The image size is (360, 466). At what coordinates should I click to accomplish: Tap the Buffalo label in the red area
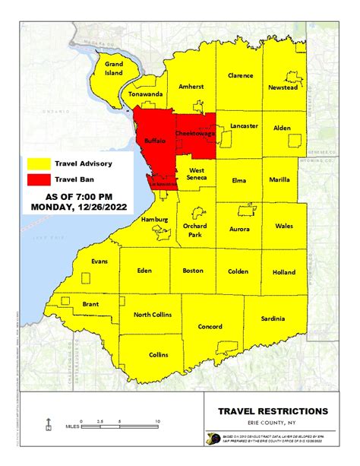coord(155,141)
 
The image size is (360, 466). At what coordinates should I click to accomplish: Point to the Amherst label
coord(191,87)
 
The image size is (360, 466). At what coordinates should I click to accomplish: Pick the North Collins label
coord(153,315)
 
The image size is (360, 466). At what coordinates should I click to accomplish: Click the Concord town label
coord(210,327)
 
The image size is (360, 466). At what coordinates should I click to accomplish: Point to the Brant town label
coord(90,303)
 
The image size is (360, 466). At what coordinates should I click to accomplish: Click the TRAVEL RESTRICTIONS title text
coord(273,411)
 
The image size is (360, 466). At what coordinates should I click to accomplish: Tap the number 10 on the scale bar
coord(157,420)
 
